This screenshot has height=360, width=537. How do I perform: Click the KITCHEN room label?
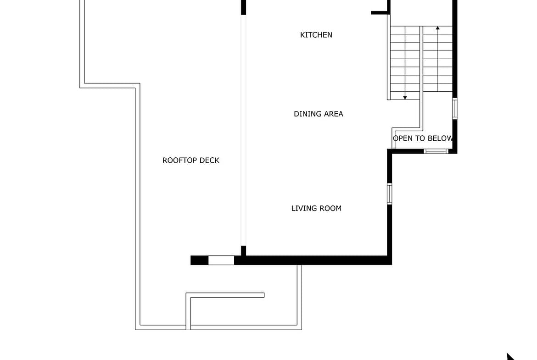click(x=316, y=35)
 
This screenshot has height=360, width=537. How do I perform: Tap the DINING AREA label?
click(x=319, y=114)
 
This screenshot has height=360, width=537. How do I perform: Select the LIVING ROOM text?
click(x=316, y=208)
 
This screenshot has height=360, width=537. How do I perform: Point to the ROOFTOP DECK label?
click(x=191, y=160)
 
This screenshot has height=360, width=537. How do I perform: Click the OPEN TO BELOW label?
click(x=423, y=138)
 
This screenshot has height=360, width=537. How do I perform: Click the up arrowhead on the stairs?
click(x=438, y=28)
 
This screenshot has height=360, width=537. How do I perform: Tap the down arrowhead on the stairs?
click(x=405, y=98)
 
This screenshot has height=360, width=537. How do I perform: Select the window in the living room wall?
click(x=389, y=194)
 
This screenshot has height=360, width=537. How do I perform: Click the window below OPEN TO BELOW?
click(x=436, y=151)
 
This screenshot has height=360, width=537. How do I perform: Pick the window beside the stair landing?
click(x=455, y=109)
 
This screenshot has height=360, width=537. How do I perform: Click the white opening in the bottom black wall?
click(x=221, y=260)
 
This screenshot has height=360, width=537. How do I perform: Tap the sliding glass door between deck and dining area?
click(x=244, y=130)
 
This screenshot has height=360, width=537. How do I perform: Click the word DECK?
click(x=210, y=160)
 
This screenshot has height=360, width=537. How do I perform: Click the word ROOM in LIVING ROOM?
click(x=331, y=208)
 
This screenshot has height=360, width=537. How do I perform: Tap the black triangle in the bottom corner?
click(x=511, y=357)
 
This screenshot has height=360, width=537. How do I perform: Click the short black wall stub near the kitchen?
click(x=380, y=13)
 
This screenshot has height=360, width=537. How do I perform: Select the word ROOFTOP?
click(x=180, y=160)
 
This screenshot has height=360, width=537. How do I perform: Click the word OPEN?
click(x=403, y=138)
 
